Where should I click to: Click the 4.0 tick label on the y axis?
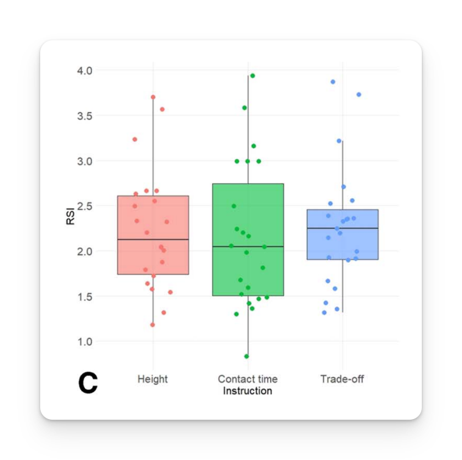point(84,71)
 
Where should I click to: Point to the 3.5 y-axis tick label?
point(84,116)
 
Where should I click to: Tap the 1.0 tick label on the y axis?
point(84,341)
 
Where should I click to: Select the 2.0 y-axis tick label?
point(84,251)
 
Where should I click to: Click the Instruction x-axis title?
point(247,391)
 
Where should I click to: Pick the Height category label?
point(152,379)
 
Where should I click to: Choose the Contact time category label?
point(247,379)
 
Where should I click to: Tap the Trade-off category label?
point(342,379)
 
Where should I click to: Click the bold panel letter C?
point(88,383)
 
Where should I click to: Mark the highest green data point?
point(252,76)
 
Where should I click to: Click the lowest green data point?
point(247,356)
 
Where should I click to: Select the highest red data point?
point(153,97)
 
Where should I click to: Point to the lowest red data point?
point(152,325)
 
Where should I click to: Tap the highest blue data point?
point(333,82)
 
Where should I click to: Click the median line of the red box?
point(152,240)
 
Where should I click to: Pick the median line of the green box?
point(247,246)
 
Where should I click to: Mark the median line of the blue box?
point(342,228)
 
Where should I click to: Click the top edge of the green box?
point(247,184)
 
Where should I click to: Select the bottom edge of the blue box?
point(342,259)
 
